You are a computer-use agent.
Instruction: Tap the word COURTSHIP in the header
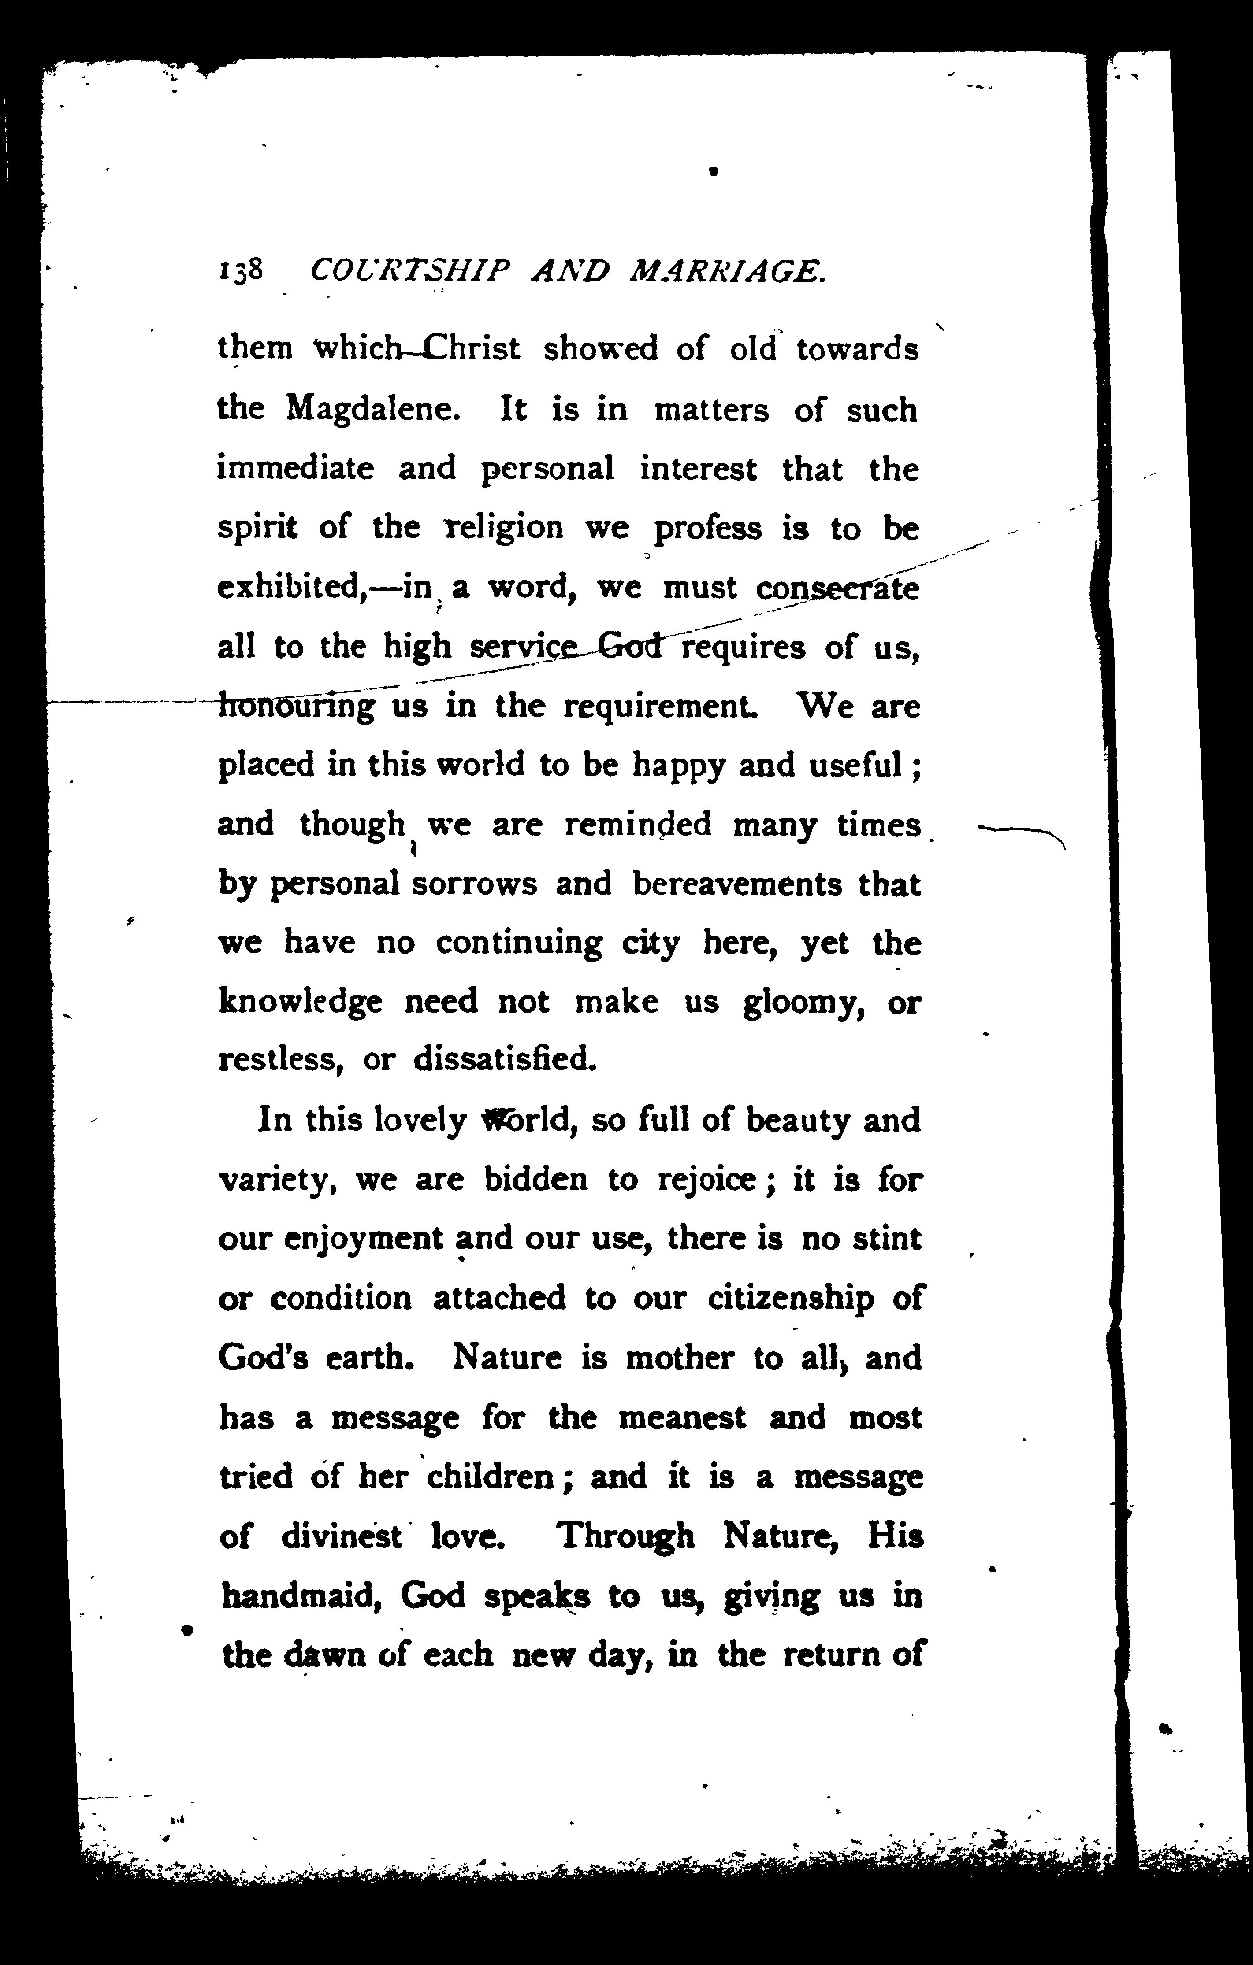point(411,270)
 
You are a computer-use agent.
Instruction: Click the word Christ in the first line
point(473,348)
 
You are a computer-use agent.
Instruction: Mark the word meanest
point(682,1417)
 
